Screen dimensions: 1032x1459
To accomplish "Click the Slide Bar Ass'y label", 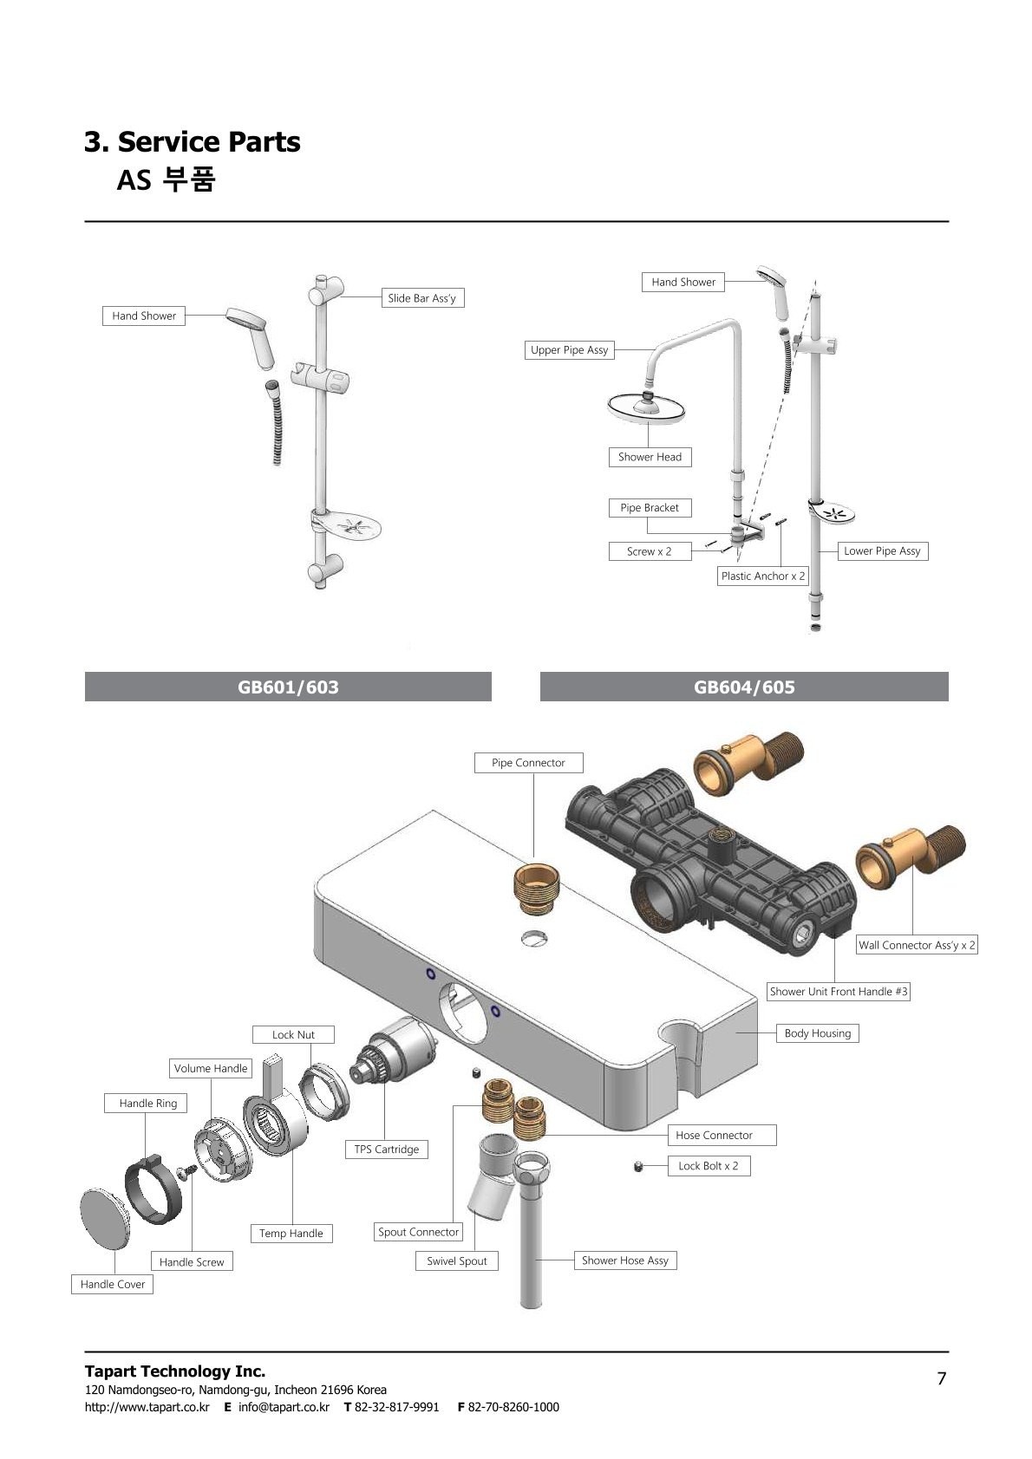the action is click(422, 297).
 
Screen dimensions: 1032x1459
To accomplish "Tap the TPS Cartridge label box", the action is click(386, 1149).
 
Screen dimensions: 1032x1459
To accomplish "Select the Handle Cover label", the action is click(112, 1284).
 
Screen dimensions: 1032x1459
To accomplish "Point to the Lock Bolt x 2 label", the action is click(709, 1165).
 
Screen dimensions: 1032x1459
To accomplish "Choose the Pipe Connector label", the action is click(528, 762).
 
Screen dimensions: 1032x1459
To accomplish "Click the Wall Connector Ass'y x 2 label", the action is click(917, 944).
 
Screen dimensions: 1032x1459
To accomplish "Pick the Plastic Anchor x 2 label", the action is click(763, 576).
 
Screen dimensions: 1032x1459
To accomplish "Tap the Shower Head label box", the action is click(650, 457).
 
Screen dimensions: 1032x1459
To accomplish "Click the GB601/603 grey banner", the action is click(288, 687).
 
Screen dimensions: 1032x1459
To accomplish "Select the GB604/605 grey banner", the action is click(744, 687).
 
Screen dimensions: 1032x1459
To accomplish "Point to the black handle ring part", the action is click(153, 1189).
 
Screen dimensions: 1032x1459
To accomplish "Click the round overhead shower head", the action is click(646, 407).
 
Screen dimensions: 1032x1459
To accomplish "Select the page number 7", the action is click(941, 1378).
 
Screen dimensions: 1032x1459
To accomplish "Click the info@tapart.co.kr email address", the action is click(284, 1406).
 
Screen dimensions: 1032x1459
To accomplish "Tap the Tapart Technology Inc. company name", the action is click(174, 1371).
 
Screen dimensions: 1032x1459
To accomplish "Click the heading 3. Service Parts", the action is click(193, 141).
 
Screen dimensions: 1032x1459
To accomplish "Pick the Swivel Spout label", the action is click(457, 1260).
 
